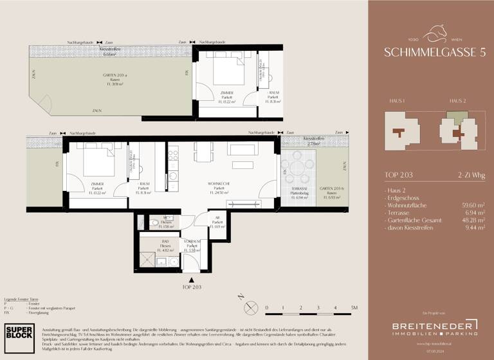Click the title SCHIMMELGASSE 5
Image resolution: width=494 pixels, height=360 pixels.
tap(430, 52)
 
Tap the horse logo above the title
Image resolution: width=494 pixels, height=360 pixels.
tap(430, 30)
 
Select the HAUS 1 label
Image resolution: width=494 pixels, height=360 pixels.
tap(397, 102)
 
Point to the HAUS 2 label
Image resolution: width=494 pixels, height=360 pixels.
tap(457, 102)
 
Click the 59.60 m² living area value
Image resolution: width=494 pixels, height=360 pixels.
tap(475, 204)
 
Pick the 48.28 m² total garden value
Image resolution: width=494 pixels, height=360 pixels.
tap(475, 219)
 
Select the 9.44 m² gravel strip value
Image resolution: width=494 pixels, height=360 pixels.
tap(477, 227)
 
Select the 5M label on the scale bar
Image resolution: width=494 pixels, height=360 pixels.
tap(354, 308)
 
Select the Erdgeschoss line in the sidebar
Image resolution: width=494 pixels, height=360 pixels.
tap(404, 197)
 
